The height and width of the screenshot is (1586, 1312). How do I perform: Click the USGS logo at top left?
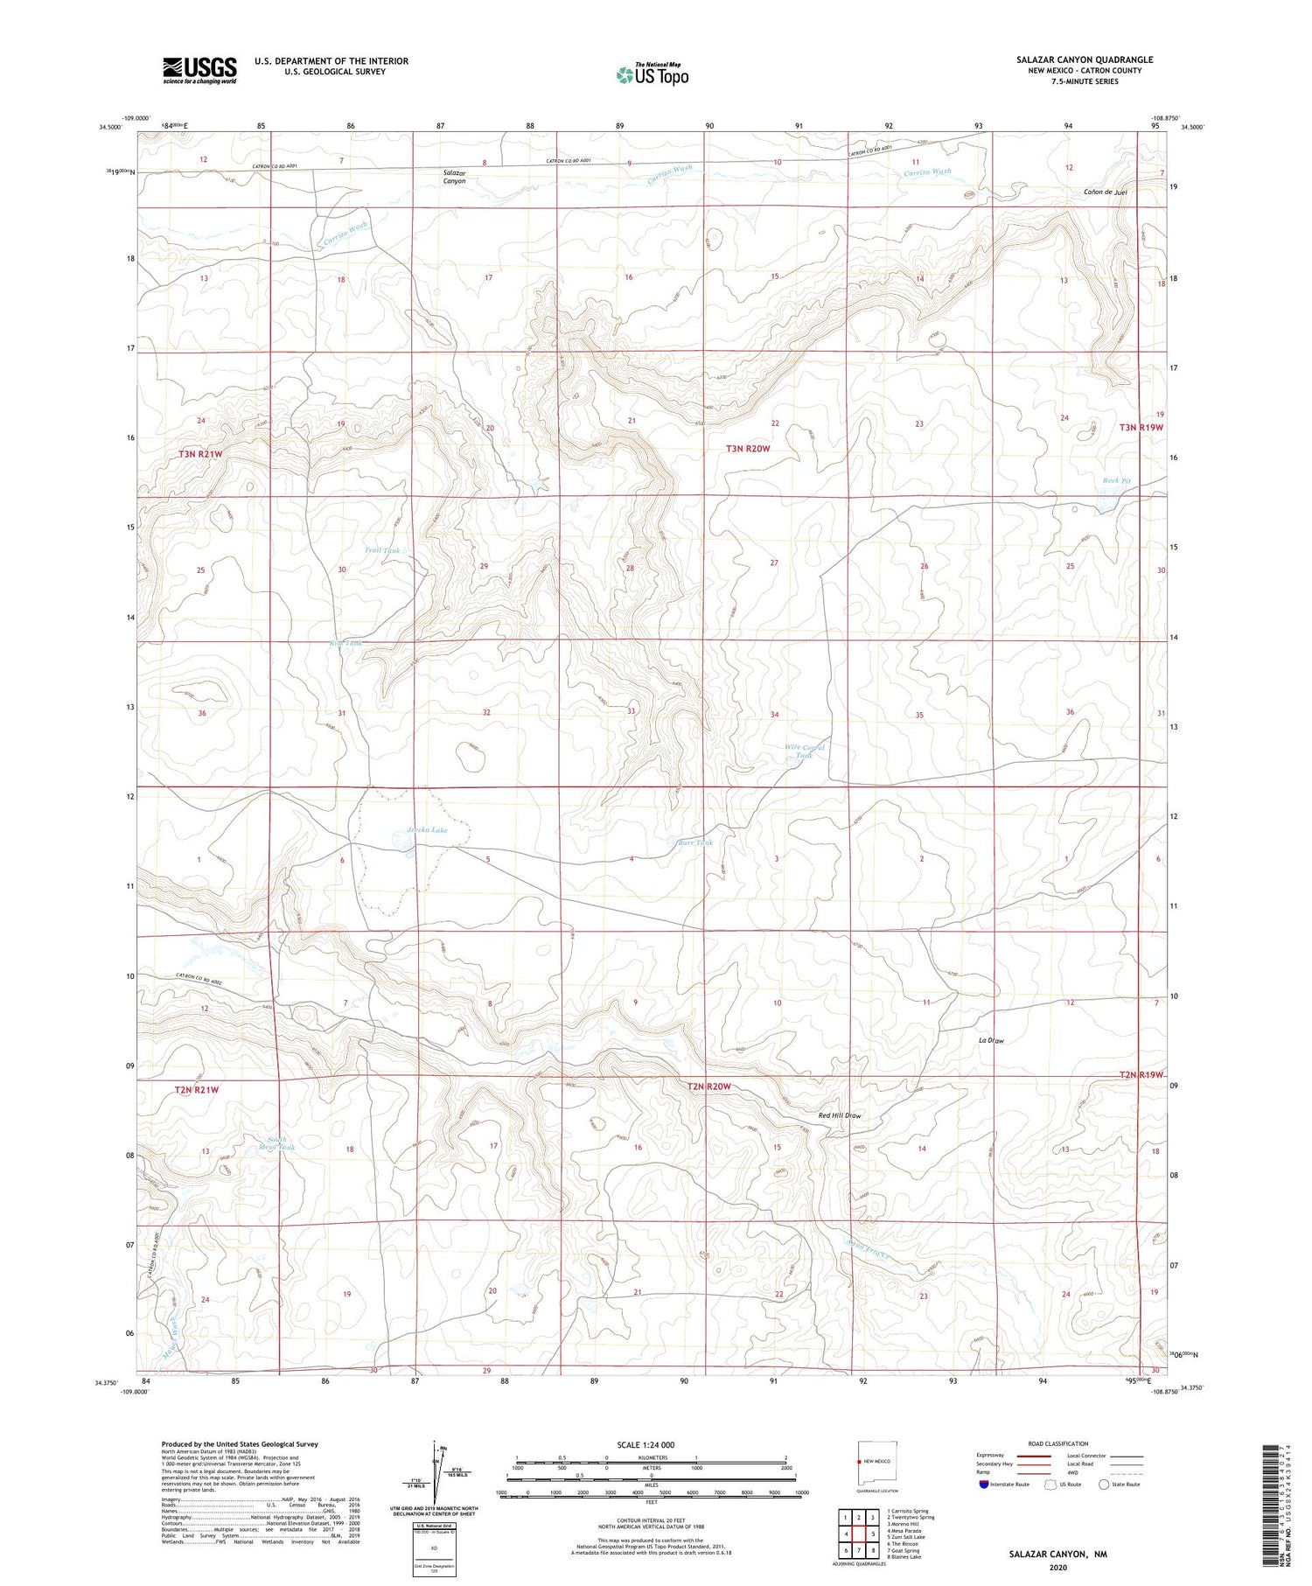point(199,70)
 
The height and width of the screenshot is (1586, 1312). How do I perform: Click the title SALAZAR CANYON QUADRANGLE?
point(1084,60)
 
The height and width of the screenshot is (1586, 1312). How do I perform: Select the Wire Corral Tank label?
point(805,751)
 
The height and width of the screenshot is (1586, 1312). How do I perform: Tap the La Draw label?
point(991,1040)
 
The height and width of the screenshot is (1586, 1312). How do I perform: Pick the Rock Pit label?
point(1116,481)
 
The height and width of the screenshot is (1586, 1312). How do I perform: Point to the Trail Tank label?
point(382,550)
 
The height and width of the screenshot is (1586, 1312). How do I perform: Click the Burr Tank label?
point(696,843)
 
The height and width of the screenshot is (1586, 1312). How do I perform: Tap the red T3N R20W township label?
point(748,449)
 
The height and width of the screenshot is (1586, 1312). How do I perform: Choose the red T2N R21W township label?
point(196,1090)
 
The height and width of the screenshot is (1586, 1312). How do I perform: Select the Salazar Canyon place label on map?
point(454,177)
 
